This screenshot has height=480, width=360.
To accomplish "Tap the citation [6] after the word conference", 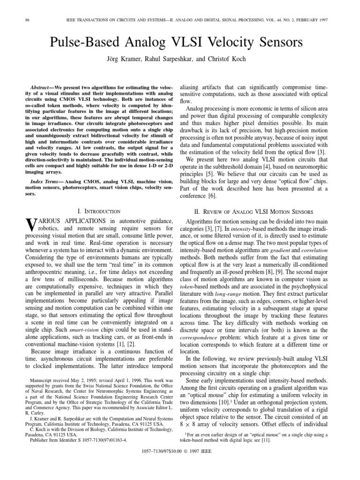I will [216, 196].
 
